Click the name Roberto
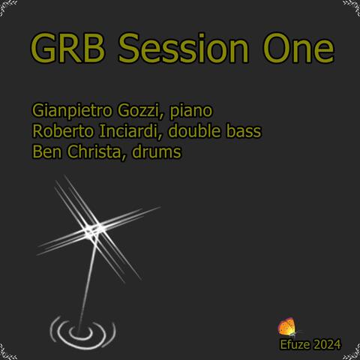[x=59, y=132]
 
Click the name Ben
[x=43, y=151]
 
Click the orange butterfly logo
[x=286, y=327]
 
